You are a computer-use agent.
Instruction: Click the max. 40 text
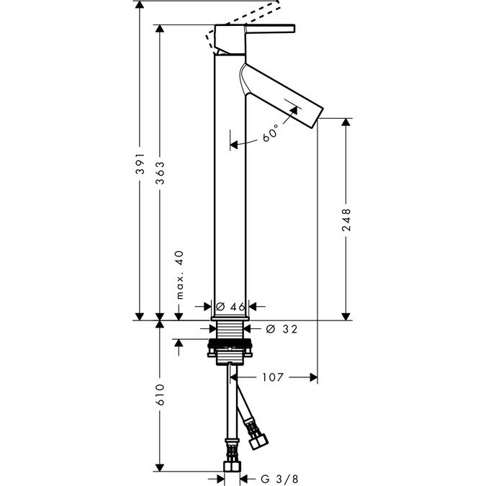(x=179, y=274)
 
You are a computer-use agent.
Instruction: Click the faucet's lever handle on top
(x=270, y=30)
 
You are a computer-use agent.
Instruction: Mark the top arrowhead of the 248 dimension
(x=346, y=123)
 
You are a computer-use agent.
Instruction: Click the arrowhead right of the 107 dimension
(x=312, y=377)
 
